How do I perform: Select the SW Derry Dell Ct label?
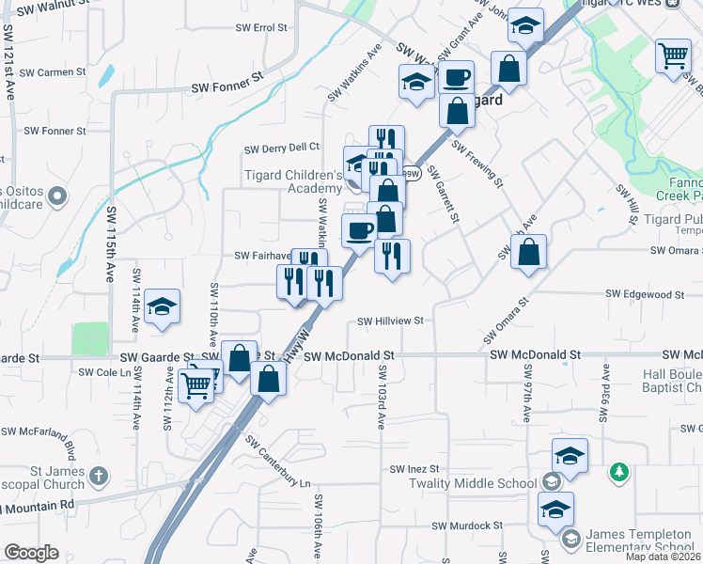[x=282, y=148]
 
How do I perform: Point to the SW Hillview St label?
[x=391, y=321]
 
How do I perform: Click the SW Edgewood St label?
[x=644, y=294]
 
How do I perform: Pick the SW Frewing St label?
[x=477, y=164]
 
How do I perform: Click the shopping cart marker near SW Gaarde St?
[x=196, y=384]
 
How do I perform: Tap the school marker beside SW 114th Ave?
[x=163, y=306]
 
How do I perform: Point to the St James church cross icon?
[x=101, y=477]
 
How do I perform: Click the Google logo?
[x=31, y=553]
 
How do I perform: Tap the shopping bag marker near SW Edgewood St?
[x=530, y=253]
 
